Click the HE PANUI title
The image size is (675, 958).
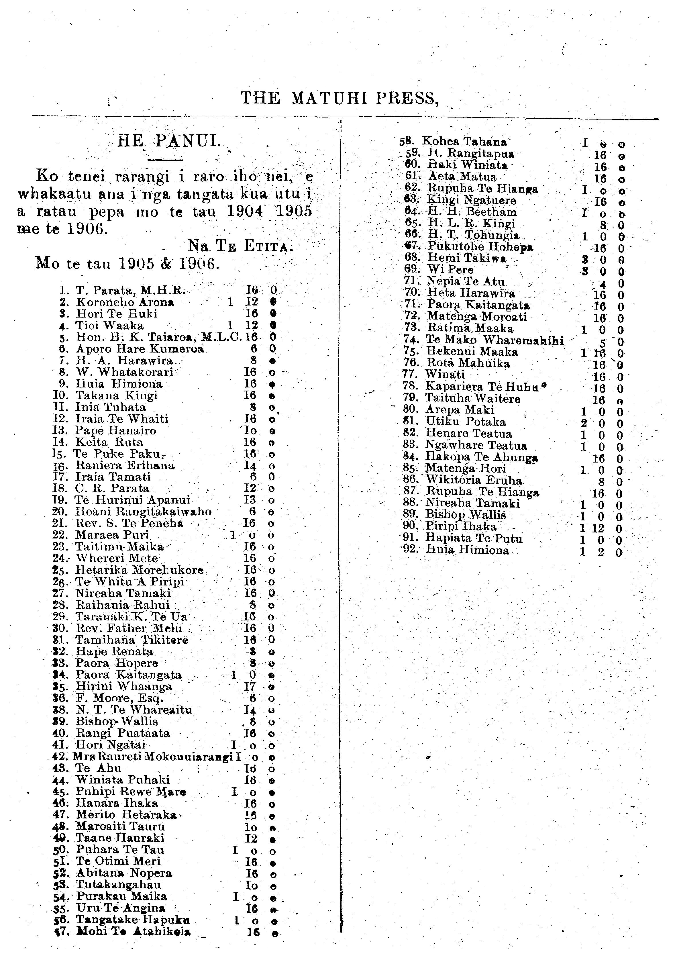pos(168,142)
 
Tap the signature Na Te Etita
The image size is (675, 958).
pos(241,245)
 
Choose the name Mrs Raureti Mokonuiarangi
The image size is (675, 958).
pos(152,757)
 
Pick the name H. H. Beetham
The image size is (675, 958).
pos(472,212)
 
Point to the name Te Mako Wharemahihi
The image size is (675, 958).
pos(495,340)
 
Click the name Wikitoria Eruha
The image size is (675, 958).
pos(474,480)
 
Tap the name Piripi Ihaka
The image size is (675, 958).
pos(461,526)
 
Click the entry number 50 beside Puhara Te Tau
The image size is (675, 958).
pos(61,849)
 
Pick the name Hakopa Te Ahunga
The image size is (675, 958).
pos(481,457)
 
